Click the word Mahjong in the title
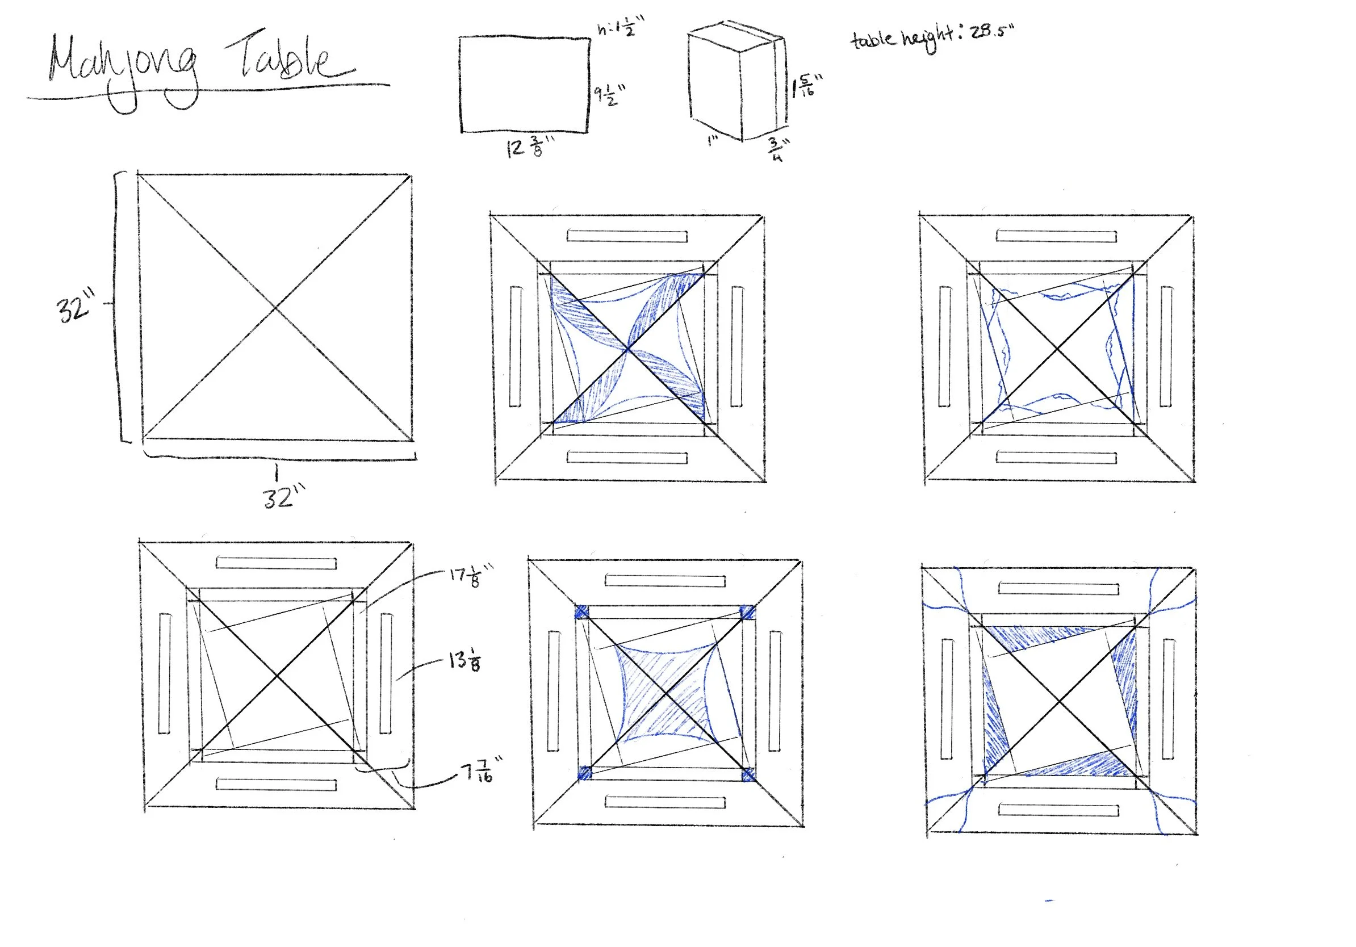(121, 68)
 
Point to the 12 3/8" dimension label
(529, 147)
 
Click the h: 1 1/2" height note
(620, 27)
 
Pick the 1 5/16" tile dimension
(806, 86)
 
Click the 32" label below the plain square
(283, 496)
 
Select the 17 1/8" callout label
(470, 576)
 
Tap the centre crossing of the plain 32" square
(276, 308)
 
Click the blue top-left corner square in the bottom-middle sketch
(581, 611)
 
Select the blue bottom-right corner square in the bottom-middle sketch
(748, 774)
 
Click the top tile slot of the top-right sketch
(1056, 236)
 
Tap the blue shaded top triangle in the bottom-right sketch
(1040, 636)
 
